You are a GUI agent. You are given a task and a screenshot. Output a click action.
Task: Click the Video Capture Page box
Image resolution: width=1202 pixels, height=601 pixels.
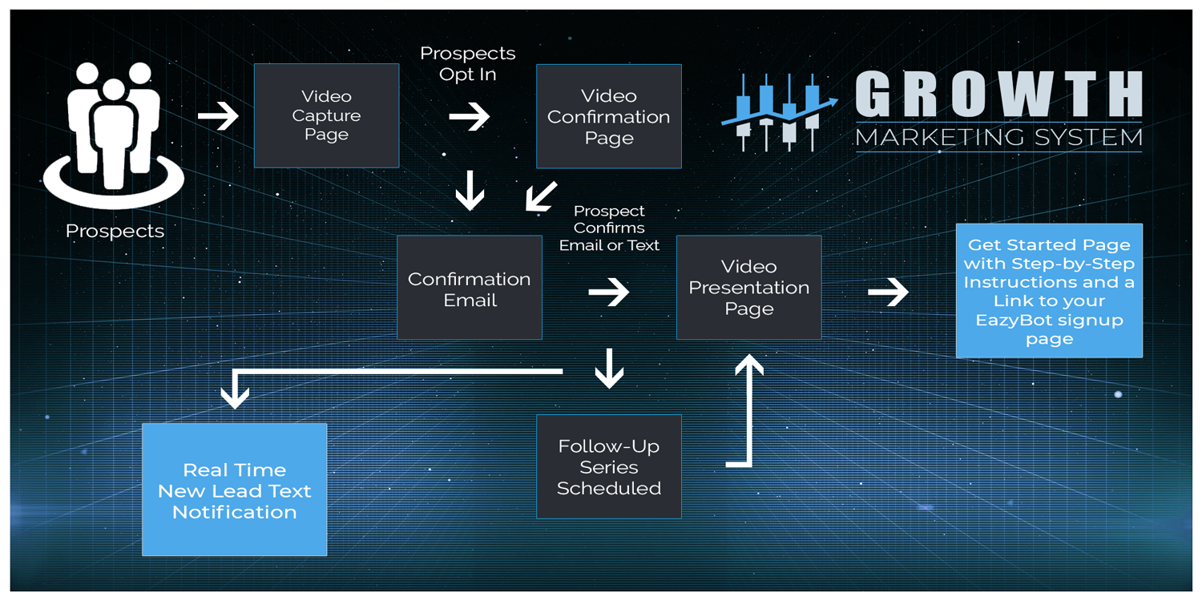(326, 115)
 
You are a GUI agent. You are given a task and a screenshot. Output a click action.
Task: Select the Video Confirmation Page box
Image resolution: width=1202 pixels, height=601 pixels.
(609, 116)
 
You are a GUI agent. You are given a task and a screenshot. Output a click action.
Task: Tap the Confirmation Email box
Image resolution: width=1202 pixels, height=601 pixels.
(470, 288)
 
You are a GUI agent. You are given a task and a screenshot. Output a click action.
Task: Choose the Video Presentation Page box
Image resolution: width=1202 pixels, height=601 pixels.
(749, 287)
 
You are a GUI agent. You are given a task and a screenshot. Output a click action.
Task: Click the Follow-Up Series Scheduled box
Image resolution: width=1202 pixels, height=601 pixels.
(609, 466)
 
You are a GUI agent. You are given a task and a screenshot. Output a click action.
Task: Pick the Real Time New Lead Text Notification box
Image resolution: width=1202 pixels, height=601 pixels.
(234, 490)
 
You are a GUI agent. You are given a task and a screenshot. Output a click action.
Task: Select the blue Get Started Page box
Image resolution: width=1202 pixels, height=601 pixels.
(1049, 290)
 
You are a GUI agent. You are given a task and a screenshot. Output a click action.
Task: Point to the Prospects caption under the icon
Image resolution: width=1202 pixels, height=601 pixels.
(115, 231)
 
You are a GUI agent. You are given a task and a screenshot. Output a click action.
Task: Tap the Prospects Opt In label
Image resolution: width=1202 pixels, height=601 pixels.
(468, 63)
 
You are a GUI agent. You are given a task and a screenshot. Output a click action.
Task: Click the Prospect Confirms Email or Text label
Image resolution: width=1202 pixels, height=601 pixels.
(609, 228)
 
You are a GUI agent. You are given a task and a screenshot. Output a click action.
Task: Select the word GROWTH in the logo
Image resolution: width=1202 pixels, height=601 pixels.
(998, 95)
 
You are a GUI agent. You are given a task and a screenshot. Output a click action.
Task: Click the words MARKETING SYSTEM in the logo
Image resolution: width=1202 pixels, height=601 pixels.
(998, 138)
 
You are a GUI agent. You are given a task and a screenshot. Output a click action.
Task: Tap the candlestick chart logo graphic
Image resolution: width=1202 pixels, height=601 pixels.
(778, 112)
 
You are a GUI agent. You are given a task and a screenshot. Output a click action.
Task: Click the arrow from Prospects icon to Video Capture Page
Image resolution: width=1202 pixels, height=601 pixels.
(218, 116)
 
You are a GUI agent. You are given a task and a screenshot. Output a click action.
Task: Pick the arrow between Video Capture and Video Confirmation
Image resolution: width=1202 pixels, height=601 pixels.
(469, 117)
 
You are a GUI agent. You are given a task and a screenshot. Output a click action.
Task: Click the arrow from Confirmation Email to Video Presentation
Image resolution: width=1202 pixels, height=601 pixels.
(609, 292)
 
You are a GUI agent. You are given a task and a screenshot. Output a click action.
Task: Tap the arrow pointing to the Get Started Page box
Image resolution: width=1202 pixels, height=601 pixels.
(888, 292)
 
